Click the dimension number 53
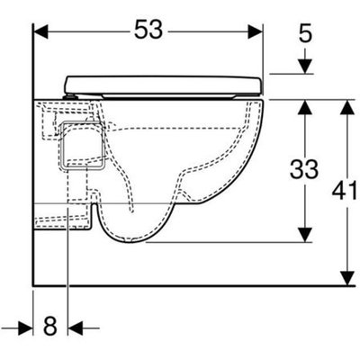click(x=148, y=29)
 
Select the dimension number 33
click(x=304, y=169)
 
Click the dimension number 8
click(x=50, y=326)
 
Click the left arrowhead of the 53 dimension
click(x=40, y=31)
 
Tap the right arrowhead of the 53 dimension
click(x=256, y=31)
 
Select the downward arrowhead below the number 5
click(x=305, y=67)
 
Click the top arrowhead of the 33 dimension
click(x=305, y=107)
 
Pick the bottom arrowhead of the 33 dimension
click(x=305, y=235)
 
